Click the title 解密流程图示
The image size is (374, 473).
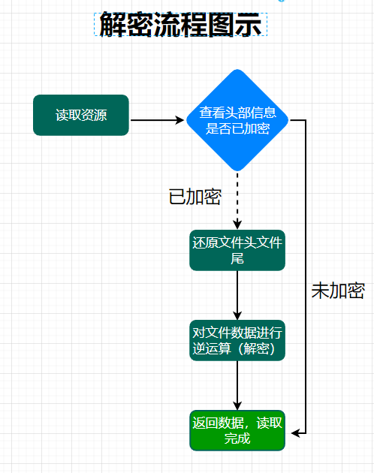(x=180, y=24)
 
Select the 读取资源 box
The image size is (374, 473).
(x=81, y=115)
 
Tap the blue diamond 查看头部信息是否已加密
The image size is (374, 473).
(x=237, y=120)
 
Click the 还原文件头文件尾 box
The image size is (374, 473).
(x=237, y=250)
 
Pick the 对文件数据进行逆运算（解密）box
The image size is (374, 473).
(x=237, y=340)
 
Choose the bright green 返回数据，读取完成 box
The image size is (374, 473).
(x=237, y=430)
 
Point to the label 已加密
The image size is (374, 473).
(x=195, y=197)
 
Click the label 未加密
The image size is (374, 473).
(x=338, y=291)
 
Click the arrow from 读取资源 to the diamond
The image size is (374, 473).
(x=157, y=120)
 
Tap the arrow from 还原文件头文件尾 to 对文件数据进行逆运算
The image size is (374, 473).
(x=237, y=295)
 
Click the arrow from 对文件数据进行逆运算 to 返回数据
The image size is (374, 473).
(x=237, y=385)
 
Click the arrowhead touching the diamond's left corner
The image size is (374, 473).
(x=180, y=120)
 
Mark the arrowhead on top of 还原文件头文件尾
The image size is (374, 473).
(x=237, y=225)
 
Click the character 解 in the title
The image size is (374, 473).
(x=113, y=24)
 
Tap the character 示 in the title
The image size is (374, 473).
(x=248, y=24)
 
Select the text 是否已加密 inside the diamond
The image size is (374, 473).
(x=237, y=128)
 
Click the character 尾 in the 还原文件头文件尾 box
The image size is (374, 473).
(x=237, y=258)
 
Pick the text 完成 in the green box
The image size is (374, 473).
(x=237, y=438)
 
